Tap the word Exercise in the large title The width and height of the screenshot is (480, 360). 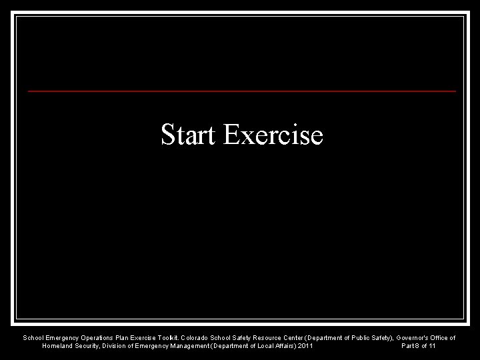(273, 135)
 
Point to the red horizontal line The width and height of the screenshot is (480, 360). (242, 90)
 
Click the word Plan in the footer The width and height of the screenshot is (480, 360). (123, 338)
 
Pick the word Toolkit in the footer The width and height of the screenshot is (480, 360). (172, 338)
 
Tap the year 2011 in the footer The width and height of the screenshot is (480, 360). (305, 346)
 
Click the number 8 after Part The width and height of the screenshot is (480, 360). (418, 346)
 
